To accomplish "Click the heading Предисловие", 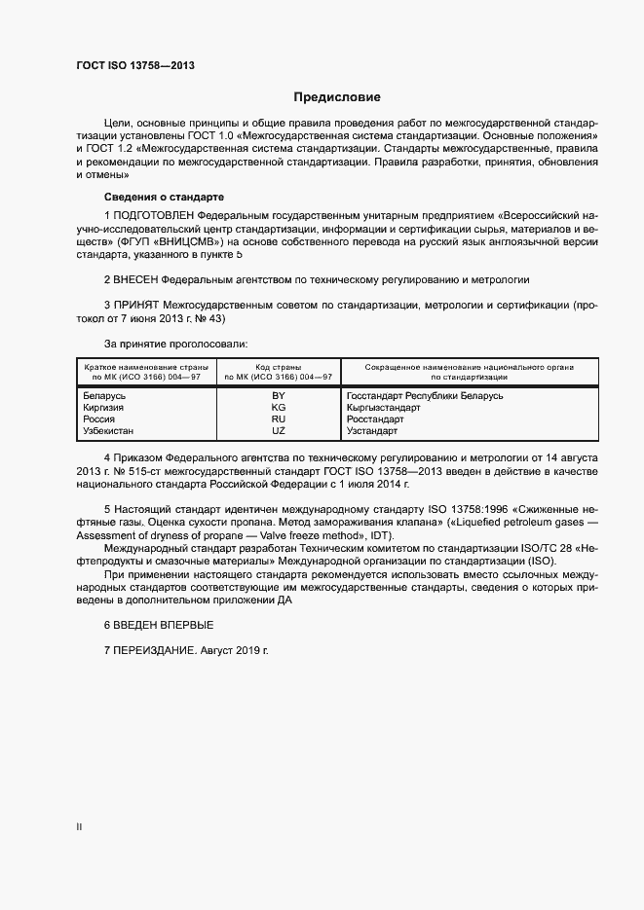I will pos(337,97).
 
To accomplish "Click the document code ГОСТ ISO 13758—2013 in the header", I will pos(135,65).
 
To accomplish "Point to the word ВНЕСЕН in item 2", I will pos(138,278).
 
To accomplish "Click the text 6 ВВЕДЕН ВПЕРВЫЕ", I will pos(158,624).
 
